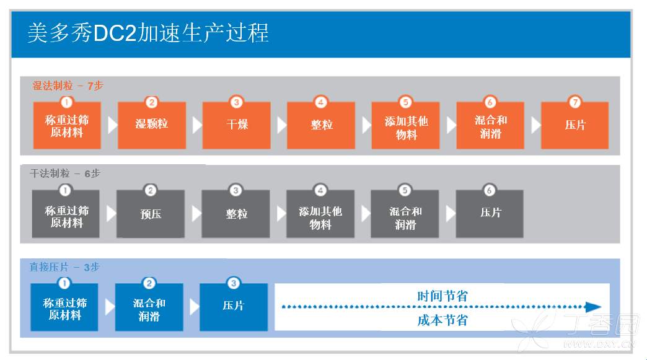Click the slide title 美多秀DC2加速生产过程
(148, 32)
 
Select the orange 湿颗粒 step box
(152, 125)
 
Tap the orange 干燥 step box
(236, 125)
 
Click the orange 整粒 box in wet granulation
(321, 125)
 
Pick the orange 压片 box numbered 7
(574, 125)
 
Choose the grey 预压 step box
(151, 214)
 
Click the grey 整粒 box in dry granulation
(235, 214)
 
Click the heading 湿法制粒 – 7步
(68, 86)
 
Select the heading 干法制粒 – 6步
(64, 173)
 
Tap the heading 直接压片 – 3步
(64, 267)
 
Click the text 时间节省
(442, 296)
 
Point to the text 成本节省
(442, 320)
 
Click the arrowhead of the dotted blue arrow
(593, 307)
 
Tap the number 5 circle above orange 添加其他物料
(405, 102)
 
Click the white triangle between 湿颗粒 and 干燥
(197, 125)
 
